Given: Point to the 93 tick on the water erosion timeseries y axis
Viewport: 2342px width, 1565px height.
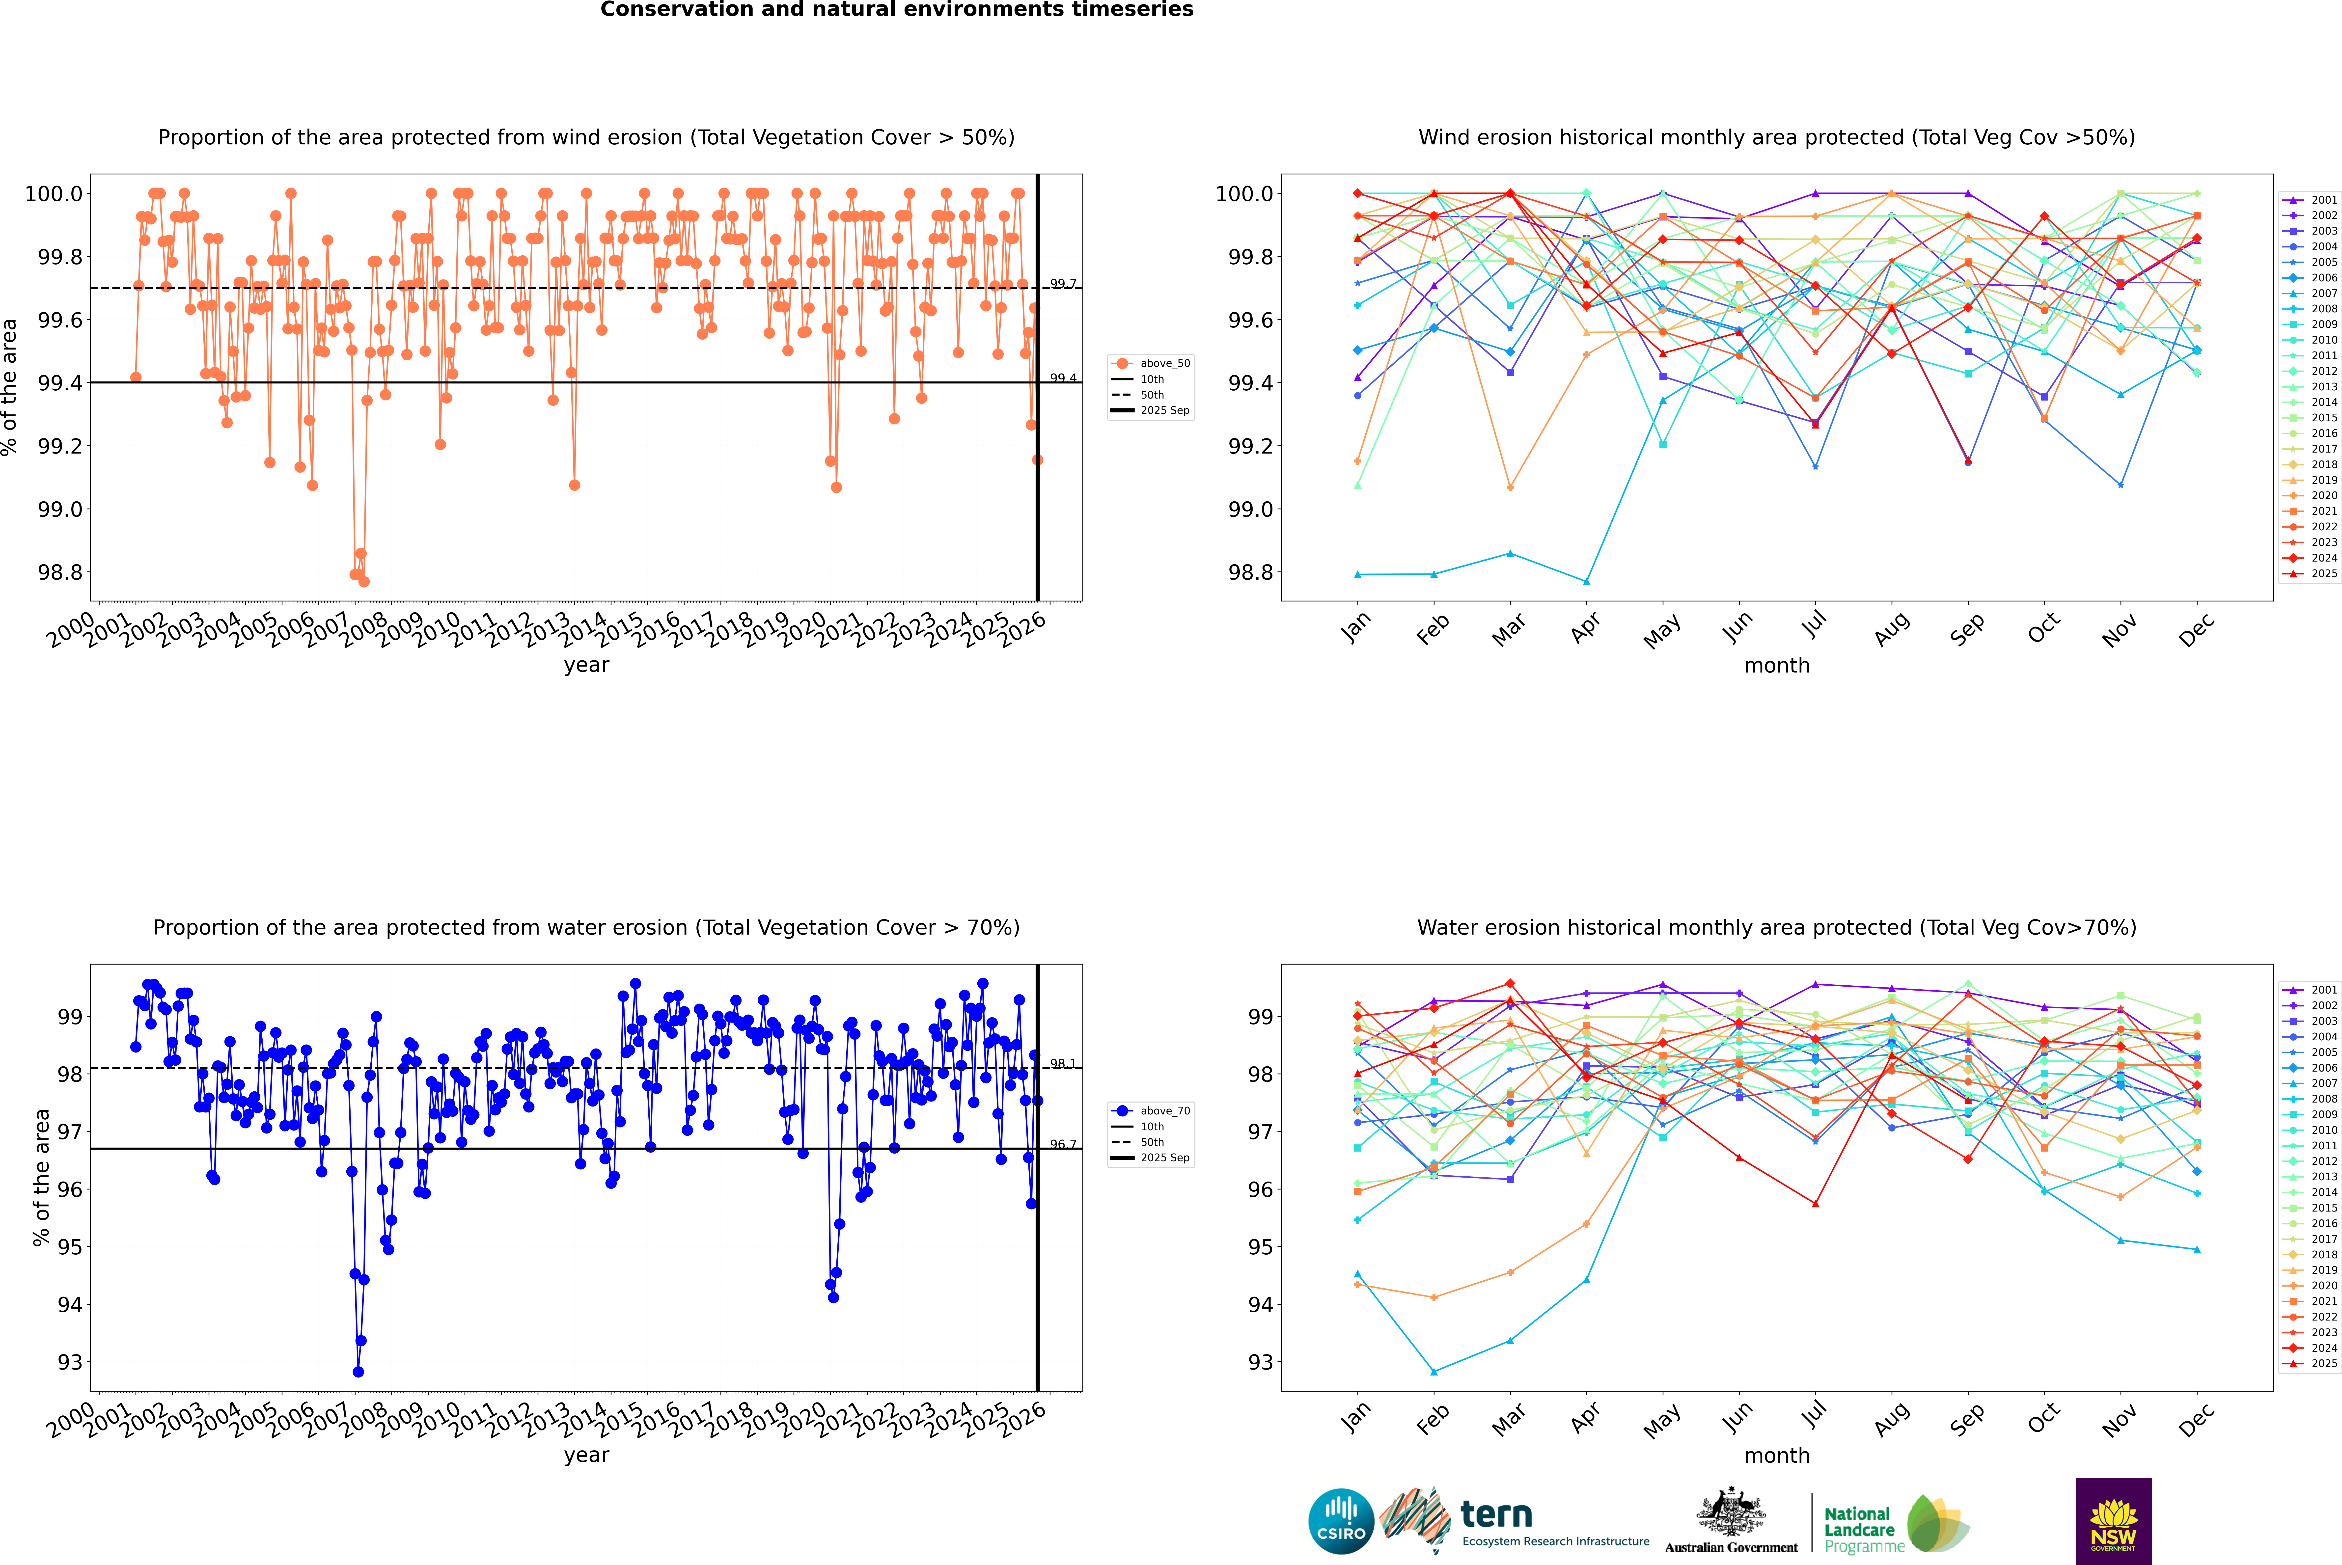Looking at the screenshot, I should [x=70, y=1362].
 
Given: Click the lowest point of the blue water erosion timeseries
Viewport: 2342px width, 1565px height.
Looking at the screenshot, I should [x=358, y=1371].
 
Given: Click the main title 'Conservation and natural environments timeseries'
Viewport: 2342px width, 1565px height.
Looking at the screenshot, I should [x=896, y=10].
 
